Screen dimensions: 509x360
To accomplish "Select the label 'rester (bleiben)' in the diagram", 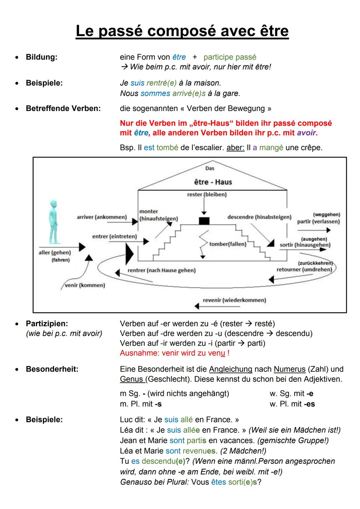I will [207, 194].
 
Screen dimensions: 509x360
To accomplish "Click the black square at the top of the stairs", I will [204, 221].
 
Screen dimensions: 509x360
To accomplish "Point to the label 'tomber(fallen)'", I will [228, 244].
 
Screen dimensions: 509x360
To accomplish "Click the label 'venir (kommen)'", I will [85, 285].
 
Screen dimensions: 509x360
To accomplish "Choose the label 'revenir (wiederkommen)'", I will [234, 300].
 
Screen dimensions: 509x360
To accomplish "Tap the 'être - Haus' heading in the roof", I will [213, 182].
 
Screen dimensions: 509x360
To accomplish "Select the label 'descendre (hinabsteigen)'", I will [259, 217].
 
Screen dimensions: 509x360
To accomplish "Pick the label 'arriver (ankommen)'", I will [102, 217].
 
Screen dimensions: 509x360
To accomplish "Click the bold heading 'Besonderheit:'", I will [52, 369].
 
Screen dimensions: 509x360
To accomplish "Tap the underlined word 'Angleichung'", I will [230, 369].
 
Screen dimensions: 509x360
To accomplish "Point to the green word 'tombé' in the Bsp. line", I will [167, 147].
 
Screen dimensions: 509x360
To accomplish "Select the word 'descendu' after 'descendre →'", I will [294, 333].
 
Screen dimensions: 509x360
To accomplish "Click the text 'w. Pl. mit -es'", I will [292, 404].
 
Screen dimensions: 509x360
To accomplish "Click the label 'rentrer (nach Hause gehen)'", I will [161, 270].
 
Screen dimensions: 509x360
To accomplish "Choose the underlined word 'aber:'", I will [235, 147].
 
